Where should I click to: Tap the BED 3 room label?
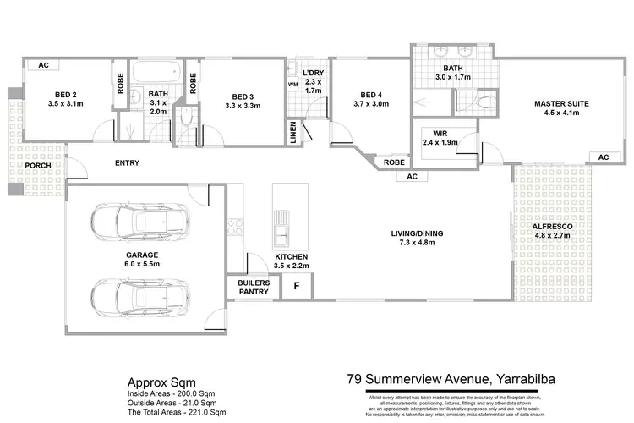(242, 100)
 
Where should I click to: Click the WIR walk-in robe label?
(440, 137)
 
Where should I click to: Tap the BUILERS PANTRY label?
(253, 288)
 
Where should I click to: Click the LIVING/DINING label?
(418, 239)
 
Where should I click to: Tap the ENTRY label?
(126, 163)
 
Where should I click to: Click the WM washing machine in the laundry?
(293, 85)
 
